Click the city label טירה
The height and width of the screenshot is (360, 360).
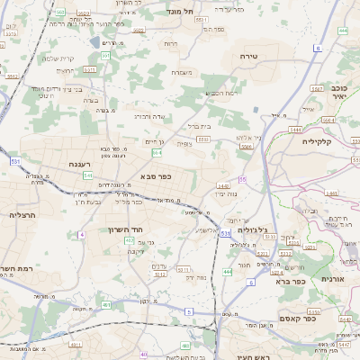249,56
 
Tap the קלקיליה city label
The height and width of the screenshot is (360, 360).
318,140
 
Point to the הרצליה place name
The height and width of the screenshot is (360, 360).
22,215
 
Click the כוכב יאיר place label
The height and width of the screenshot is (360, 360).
339,91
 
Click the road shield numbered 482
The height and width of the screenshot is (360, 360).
107,305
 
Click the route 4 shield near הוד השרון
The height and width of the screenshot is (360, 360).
82,234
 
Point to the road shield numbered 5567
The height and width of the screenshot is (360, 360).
317,89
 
